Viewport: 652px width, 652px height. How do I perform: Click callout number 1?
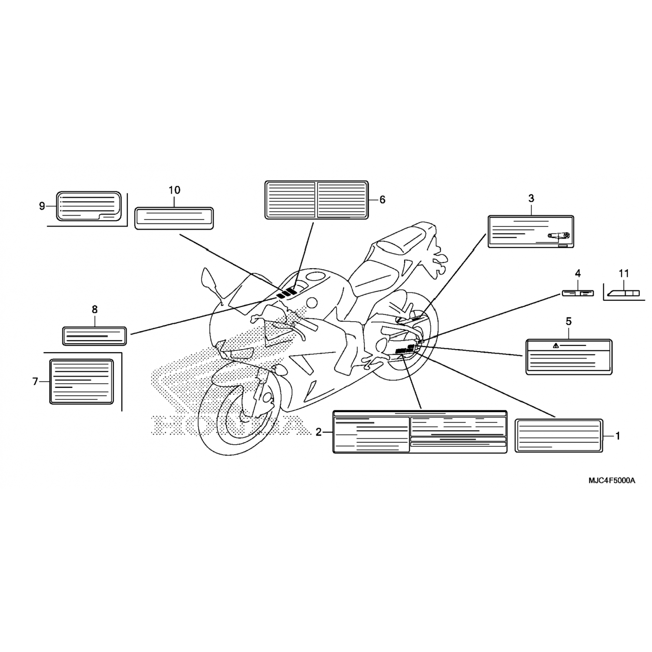pyautogui.click(x=618, y=436)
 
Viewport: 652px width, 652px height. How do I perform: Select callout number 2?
pyautogui.click(x=319, y=432)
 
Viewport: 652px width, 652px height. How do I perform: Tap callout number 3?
pyautogui.click(x=531, y=199)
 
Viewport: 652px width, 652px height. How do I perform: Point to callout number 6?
pyautogui.click(x=382, y=200)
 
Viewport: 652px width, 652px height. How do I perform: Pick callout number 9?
pyautogui.click(x=42, y=206)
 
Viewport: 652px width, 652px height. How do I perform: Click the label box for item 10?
pyautogui.click(x=174, y=218)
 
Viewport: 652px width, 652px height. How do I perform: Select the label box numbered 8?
pyautogui.click(x=95, y=336)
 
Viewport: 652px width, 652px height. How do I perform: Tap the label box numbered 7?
pyautogui.click(x=82, y=381)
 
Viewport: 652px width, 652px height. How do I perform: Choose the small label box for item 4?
pyautogui.click(x=578, y=293)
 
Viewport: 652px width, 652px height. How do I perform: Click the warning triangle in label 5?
pyautogui.click(x=556, y=346)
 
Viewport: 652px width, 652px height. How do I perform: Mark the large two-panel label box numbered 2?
pyautogui.click(x=420, y=431)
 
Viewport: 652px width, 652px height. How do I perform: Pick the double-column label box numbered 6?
pyautogui.click(x=316, y=200)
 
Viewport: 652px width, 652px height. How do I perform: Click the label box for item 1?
pyautogui.click(x=559, y=436)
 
